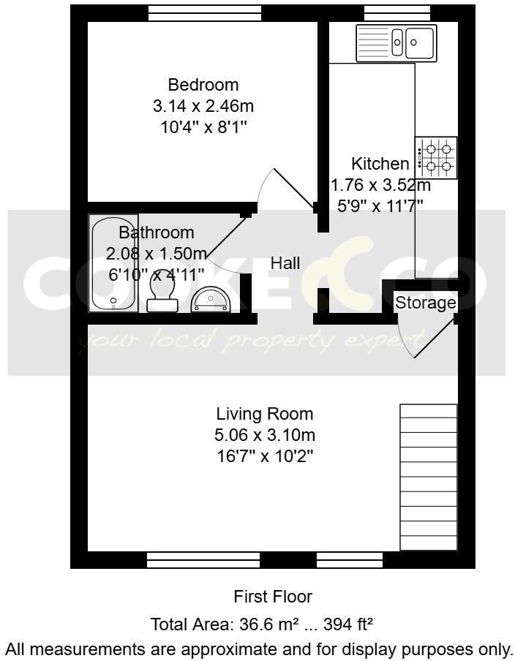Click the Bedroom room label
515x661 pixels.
(x=203, y=84)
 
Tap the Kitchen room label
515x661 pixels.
(x=380, y=163)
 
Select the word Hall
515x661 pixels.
(x=285, y=263)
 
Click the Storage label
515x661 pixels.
(x=425, y=303)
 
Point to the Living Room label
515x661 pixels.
(x=264, y=414)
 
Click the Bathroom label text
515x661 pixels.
(x=157, y=233)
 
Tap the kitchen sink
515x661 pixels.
(x=396, y=42)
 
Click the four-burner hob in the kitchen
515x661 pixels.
(x=437, y=158)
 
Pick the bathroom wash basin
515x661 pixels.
(x=211, y=298)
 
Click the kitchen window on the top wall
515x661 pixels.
(x=387, y=12)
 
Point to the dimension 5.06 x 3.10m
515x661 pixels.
(x=264, y=436)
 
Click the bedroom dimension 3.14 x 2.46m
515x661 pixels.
(x=203, y=105)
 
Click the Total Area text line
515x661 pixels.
(x=262, y=624)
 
